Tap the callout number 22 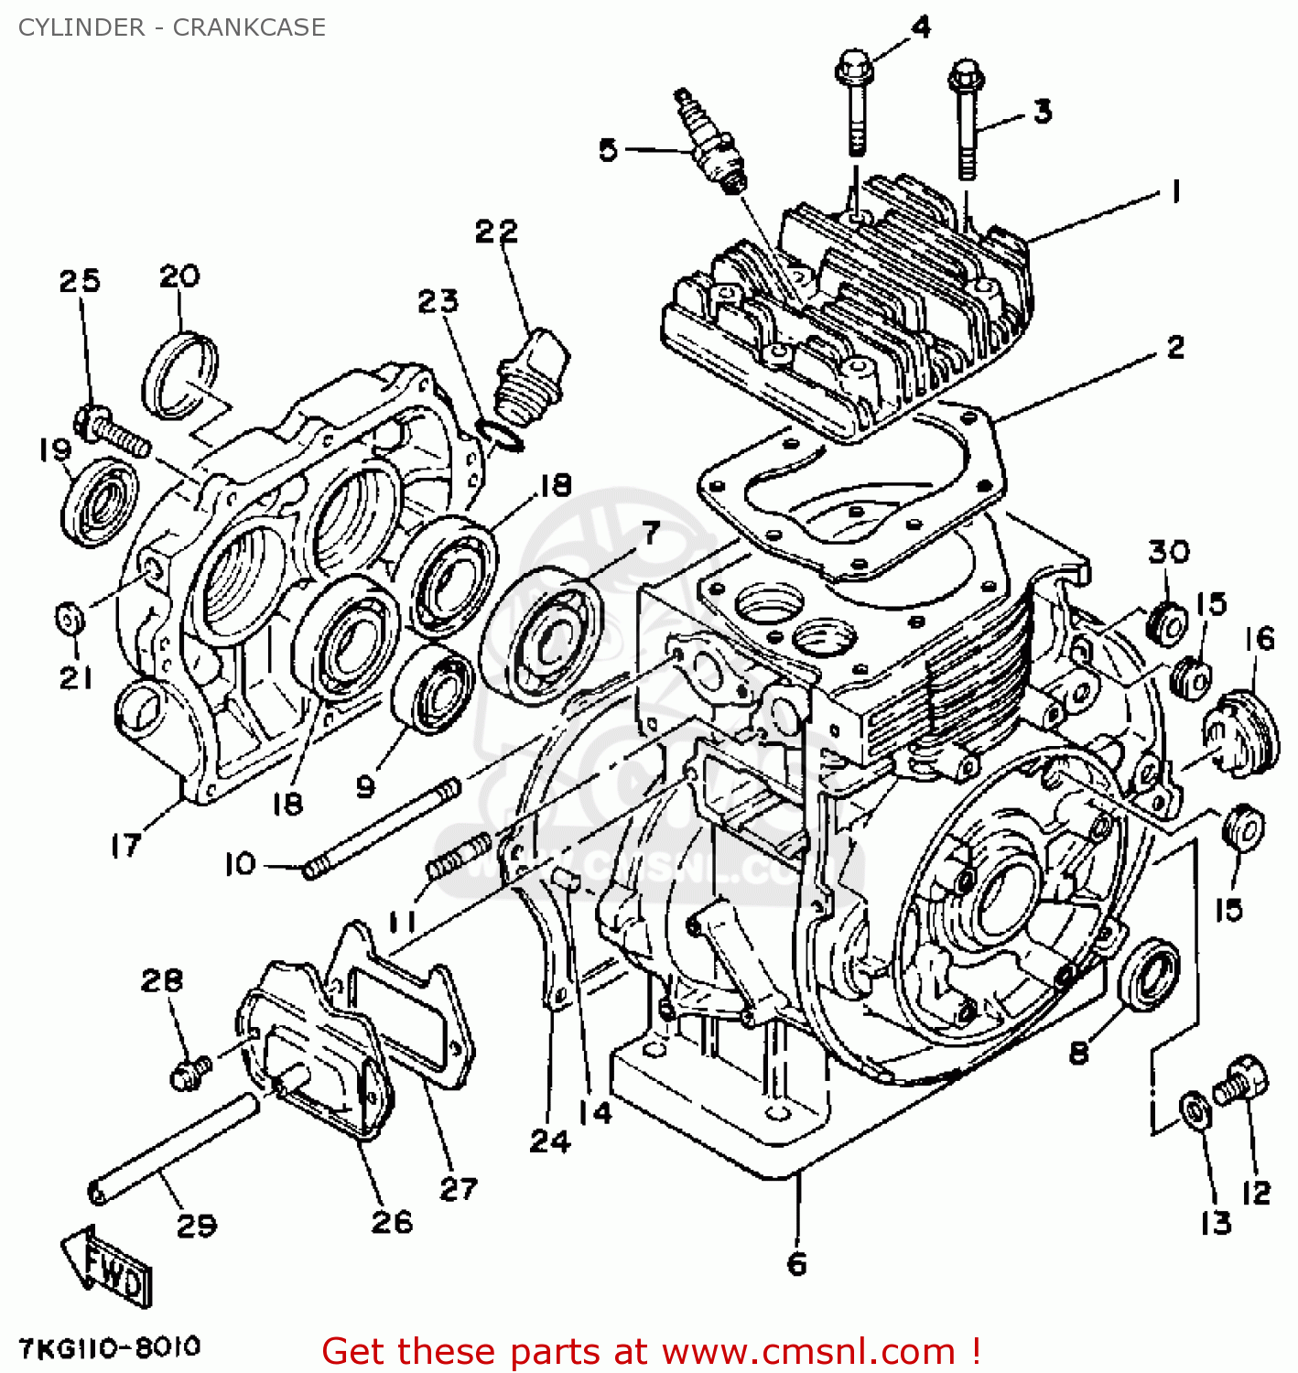coord(496,231)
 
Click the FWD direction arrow coord(108,1268)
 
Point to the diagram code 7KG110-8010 coord(109,1347)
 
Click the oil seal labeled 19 coord(99,503)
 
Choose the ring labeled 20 coord(180,375)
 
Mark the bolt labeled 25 coord(114,431)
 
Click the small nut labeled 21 coord(70,618)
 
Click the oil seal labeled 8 coord(1150,974)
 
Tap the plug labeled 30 coord(1167,623)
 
